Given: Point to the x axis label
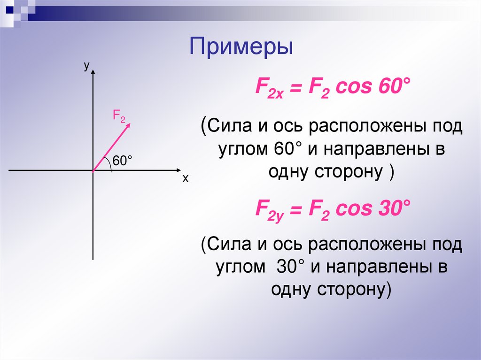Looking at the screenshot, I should click(185, 179).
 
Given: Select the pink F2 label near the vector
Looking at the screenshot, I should click(118, 115).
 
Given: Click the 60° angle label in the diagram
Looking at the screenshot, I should click(121, 161).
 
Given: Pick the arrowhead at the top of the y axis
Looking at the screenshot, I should click(93, 72).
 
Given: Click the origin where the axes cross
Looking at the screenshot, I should click(93, 170).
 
